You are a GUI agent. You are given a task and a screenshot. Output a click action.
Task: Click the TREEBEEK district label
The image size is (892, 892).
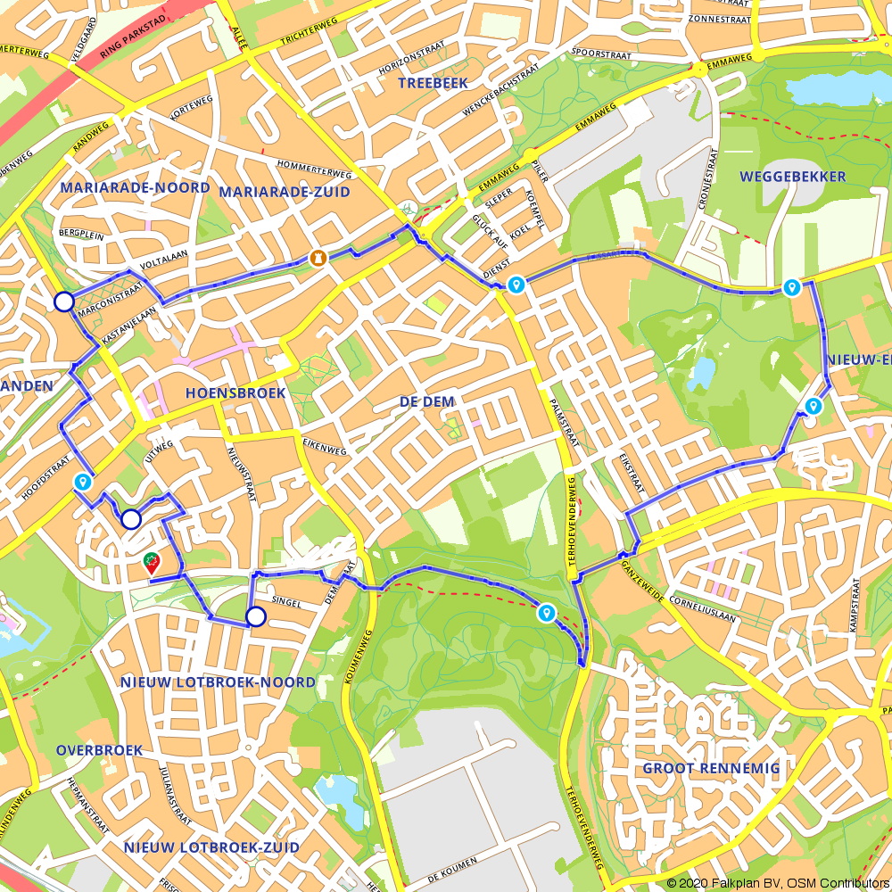coord(433,83)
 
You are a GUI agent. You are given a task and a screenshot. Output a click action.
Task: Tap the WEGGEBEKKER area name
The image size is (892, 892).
coord(792,177)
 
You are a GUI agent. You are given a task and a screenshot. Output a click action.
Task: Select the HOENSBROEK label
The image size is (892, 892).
coord(235,392)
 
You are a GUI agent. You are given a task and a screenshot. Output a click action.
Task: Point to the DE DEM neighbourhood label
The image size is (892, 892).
coord(427,402)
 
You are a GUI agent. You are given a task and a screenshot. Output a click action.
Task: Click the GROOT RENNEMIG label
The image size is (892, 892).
coord(711,768)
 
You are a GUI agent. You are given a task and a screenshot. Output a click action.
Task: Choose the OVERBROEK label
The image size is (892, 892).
coord(99,750)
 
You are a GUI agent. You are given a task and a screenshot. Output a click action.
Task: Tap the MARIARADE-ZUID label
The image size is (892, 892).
coord(285,192)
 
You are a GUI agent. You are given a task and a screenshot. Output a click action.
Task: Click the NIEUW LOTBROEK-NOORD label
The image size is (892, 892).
coord(218,682)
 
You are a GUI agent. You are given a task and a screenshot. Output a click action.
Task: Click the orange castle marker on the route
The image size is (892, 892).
coord(317,258)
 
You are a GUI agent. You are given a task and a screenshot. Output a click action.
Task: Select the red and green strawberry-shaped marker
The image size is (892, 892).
coord(153,562)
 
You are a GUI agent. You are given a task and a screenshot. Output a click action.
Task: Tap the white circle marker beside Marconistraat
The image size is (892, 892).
coord(63,301)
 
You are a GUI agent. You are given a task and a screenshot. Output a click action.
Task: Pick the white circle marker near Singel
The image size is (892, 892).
coord(256,616)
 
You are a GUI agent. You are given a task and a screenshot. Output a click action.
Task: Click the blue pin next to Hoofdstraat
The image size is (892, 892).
coord(83,482)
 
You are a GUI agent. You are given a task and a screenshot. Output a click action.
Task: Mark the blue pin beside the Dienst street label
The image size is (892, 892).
coord(516,285)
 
